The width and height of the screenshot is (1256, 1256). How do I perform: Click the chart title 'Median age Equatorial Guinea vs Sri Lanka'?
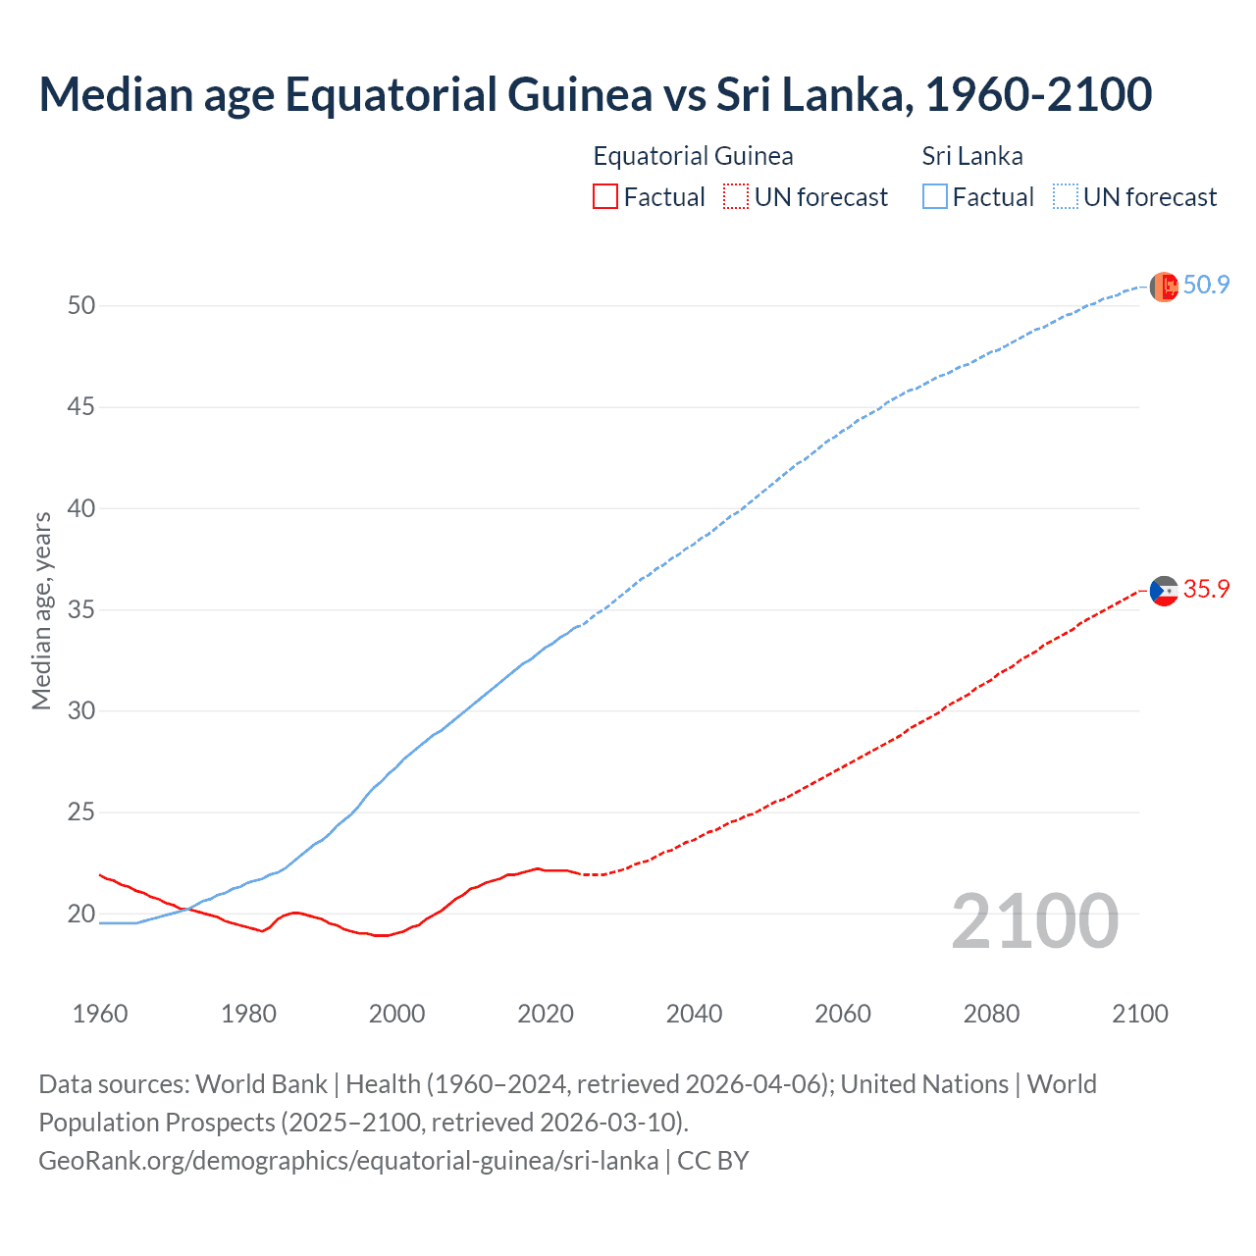pyautogui.click(x=595, y=94)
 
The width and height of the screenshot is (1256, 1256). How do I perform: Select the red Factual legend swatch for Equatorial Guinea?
pyautogui.click(x=605, y=197)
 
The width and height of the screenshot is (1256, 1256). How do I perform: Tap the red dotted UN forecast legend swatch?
pyautogui.click(x=736, y=197)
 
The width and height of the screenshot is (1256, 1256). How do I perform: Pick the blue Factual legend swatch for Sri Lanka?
pyautogui.click(x=935, y=197)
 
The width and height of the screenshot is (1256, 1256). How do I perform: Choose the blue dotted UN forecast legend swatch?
pyautogui.click(x=1065, y=197)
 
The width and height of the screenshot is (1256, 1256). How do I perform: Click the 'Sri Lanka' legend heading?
pyautogui.click(x=971, y=156)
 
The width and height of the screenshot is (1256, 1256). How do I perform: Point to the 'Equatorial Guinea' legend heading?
pyautogui.click(x=693, y=156)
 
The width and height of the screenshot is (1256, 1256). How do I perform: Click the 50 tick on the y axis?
pyautogui.click(x=81, y=305)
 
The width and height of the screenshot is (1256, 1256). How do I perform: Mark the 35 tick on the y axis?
pyautogui.click(x=81, y=609)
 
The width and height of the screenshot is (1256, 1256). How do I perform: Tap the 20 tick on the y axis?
pyautogui.click(x=81, y=914)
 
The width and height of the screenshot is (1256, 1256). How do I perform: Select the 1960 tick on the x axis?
pyautogui.click(x=100, y=1014)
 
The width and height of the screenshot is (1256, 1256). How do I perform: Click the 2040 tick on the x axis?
pyautogui.click(x=694, y=1014)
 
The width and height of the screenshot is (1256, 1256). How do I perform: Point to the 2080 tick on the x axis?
pyautogui.click(x=991, y=1014)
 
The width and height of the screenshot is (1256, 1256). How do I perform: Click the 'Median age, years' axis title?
pyautogui.click(x=41, y=609)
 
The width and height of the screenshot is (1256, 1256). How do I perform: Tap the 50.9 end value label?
pyautogui.click(x=1206, y=286)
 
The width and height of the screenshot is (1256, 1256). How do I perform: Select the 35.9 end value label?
pyautogui.click(x=1206, y=590)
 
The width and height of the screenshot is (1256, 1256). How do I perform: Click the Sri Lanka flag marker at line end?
pyautogui.click(x=1164, y=287)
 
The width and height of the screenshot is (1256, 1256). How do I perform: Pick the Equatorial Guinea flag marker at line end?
pyautogui.click(x=1164, y=591)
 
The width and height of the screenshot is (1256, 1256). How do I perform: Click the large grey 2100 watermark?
pyautogui.click(x=1034, y=920)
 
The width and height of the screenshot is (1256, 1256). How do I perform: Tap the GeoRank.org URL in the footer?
pyautogui.click(x=348, y=1161)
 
